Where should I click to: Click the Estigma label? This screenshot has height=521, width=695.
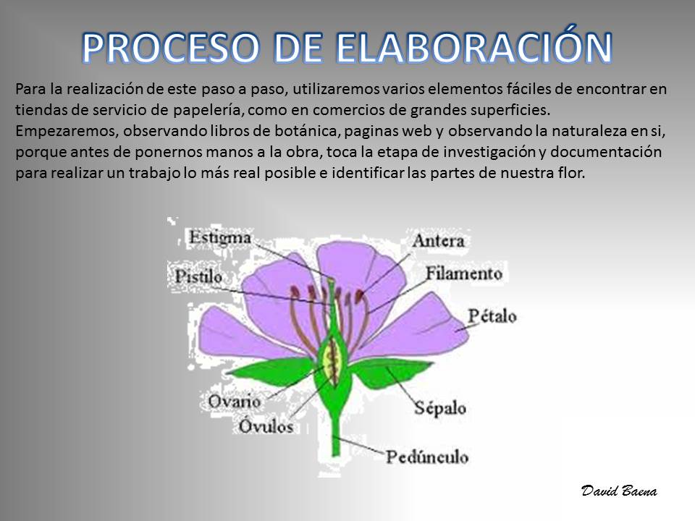click(x=220, y=238)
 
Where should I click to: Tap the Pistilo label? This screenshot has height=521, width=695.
click(x=198, y=276)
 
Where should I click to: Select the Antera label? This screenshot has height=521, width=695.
click(x=439, y=240)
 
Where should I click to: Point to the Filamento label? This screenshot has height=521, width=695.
click(x=464, y=273)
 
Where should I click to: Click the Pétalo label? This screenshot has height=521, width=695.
click(x=492, y=316)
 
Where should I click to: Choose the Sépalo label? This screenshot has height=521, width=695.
click(x=440, y=407)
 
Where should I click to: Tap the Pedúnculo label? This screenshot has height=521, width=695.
click(x=427, y=457)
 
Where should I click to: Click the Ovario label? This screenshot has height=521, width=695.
click(x=234, y=402)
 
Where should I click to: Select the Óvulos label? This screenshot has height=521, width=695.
click(x=266, y=425)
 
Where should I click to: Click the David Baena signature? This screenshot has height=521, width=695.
click(x=619, y=491)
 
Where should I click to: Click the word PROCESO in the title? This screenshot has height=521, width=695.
click(x=171, y=48)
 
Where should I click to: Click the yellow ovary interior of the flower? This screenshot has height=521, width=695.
click(x=331, y=359)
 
